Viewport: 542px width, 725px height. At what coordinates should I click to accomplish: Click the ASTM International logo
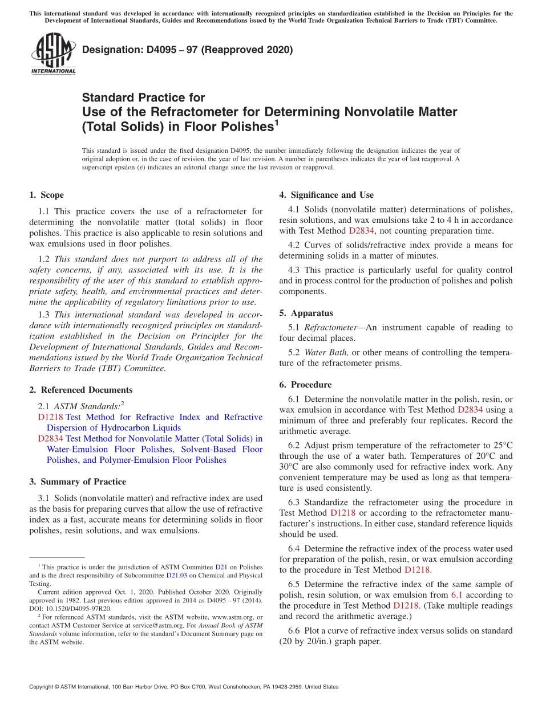[x=53, y=54]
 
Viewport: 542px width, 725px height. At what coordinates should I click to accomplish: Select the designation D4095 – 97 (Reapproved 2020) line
[x=187, y=50]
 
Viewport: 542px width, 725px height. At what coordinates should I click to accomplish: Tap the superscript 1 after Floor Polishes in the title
[x=277, y=121]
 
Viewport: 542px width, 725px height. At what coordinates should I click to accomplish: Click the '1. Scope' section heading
[x=46, y=195]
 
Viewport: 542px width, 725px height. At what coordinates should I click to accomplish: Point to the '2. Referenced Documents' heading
[x=80, y=390]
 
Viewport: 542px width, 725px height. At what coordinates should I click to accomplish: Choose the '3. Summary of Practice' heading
[x=78, y=482]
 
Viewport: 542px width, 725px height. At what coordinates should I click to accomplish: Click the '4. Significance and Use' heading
[x=326, y=195]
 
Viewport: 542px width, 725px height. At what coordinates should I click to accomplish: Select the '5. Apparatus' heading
[x=306, y=313]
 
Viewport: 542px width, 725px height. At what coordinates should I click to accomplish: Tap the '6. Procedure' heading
[x=305, y=385]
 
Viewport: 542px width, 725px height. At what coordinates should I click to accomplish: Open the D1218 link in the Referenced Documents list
[x=50, y=417]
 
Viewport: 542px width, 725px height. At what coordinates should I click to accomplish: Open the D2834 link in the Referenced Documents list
[x=50, y=438]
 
